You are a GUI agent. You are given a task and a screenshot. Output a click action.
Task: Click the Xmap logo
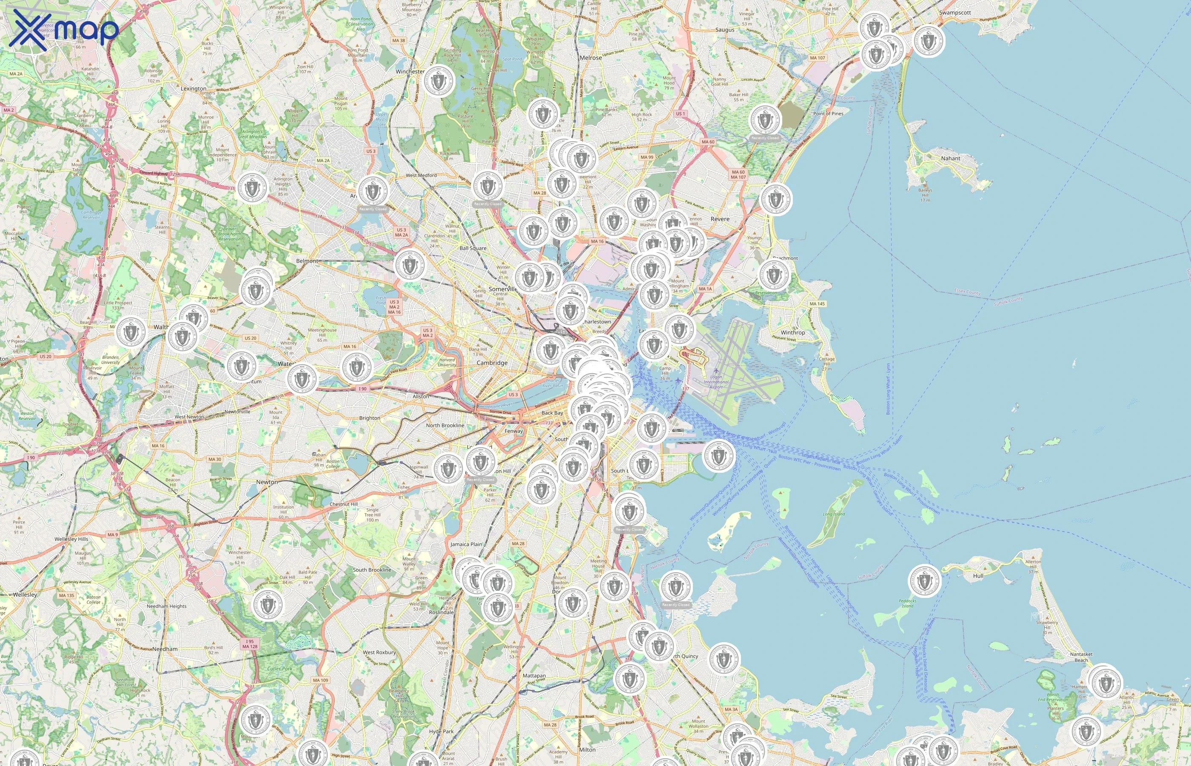point(64,30)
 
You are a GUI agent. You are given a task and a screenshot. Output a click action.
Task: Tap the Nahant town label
point(950,158)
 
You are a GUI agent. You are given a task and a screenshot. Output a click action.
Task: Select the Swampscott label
point(955,13)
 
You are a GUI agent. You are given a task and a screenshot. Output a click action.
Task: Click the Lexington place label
point(194,89)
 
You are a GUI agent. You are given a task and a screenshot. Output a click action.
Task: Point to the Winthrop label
point(792,332)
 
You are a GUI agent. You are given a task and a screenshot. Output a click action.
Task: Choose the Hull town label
point(978,575)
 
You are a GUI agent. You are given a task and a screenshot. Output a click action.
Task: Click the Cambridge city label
point(492,363)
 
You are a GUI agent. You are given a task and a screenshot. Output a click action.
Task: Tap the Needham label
point(165,649)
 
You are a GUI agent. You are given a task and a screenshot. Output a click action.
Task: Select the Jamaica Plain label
point(466,544)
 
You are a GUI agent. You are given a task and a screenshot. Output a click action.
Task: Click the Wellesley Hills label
point(71,539)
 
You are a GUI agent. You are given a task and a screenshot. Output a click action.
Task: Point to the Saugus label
point(724,30)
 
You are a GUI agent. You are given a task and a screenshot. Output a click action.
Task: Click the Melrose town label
point(590,58)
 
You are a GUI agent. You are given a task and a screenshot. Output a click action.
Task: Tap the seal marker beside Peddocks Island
point(924,581)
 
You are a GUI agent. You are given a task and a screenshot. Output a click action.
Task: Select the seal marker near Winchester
point(438,81)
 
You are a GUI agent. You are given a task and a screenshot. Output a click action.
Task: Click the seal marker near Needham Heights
point(268,605)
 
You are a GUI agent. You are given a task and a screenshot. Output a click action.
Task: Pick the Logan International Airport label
point(716,381)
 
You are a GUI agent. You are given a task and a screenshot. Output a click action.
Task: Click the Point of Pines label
point(828,113)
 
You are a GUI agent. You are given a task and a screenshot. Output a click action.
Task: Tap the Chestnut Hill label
point(344,504)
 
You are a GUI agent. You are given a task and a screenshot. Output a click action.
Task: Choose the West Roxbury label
point(379,652)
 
